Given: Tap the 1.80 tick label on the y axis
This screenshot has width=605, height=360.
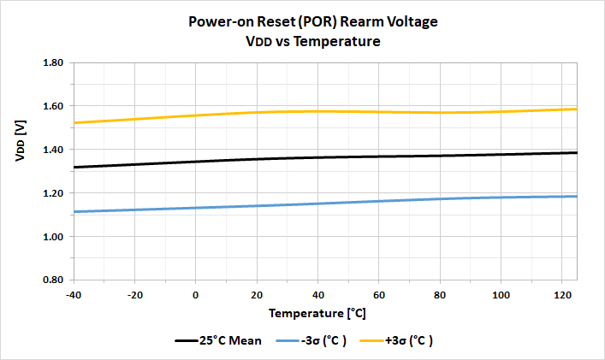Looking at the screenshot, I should tap(53, 63).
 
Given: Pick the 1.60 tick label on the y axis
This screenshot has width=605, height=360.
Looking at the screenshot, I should tap(53, 107).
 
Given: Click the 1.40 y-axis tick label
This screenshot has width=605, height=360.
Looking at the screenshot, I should tap(53, 150).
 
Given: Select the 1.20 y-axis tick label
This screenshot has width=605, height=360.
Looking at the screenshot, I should tap(53, 193).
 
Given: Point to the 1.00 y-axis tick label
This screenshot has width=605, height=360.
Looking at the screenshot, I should tap(53, 237).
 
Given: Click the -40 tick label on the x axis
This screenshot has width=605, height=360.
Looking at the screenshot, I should tap(74, 295).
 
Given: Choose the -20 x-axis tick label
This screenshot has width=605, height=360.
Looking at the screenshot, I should tap(135, 295).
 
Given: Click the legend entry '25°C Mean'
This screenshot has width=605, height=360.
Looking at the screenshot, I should tap(221, 340).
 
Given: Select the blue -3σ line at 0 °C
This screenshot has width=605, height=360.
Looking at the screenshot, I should tap(196, 208).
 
